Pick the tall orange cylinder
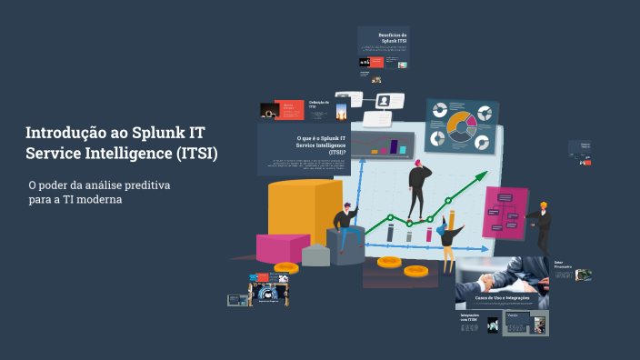(305, 209)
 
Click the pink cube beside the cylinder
(282, 247)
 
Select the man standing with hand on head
(418, 186)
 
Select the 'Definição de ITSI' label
(318, 104)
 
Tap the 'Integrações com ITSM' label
(470, 318)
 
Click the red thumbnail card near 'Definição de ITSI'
(289, 109)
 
